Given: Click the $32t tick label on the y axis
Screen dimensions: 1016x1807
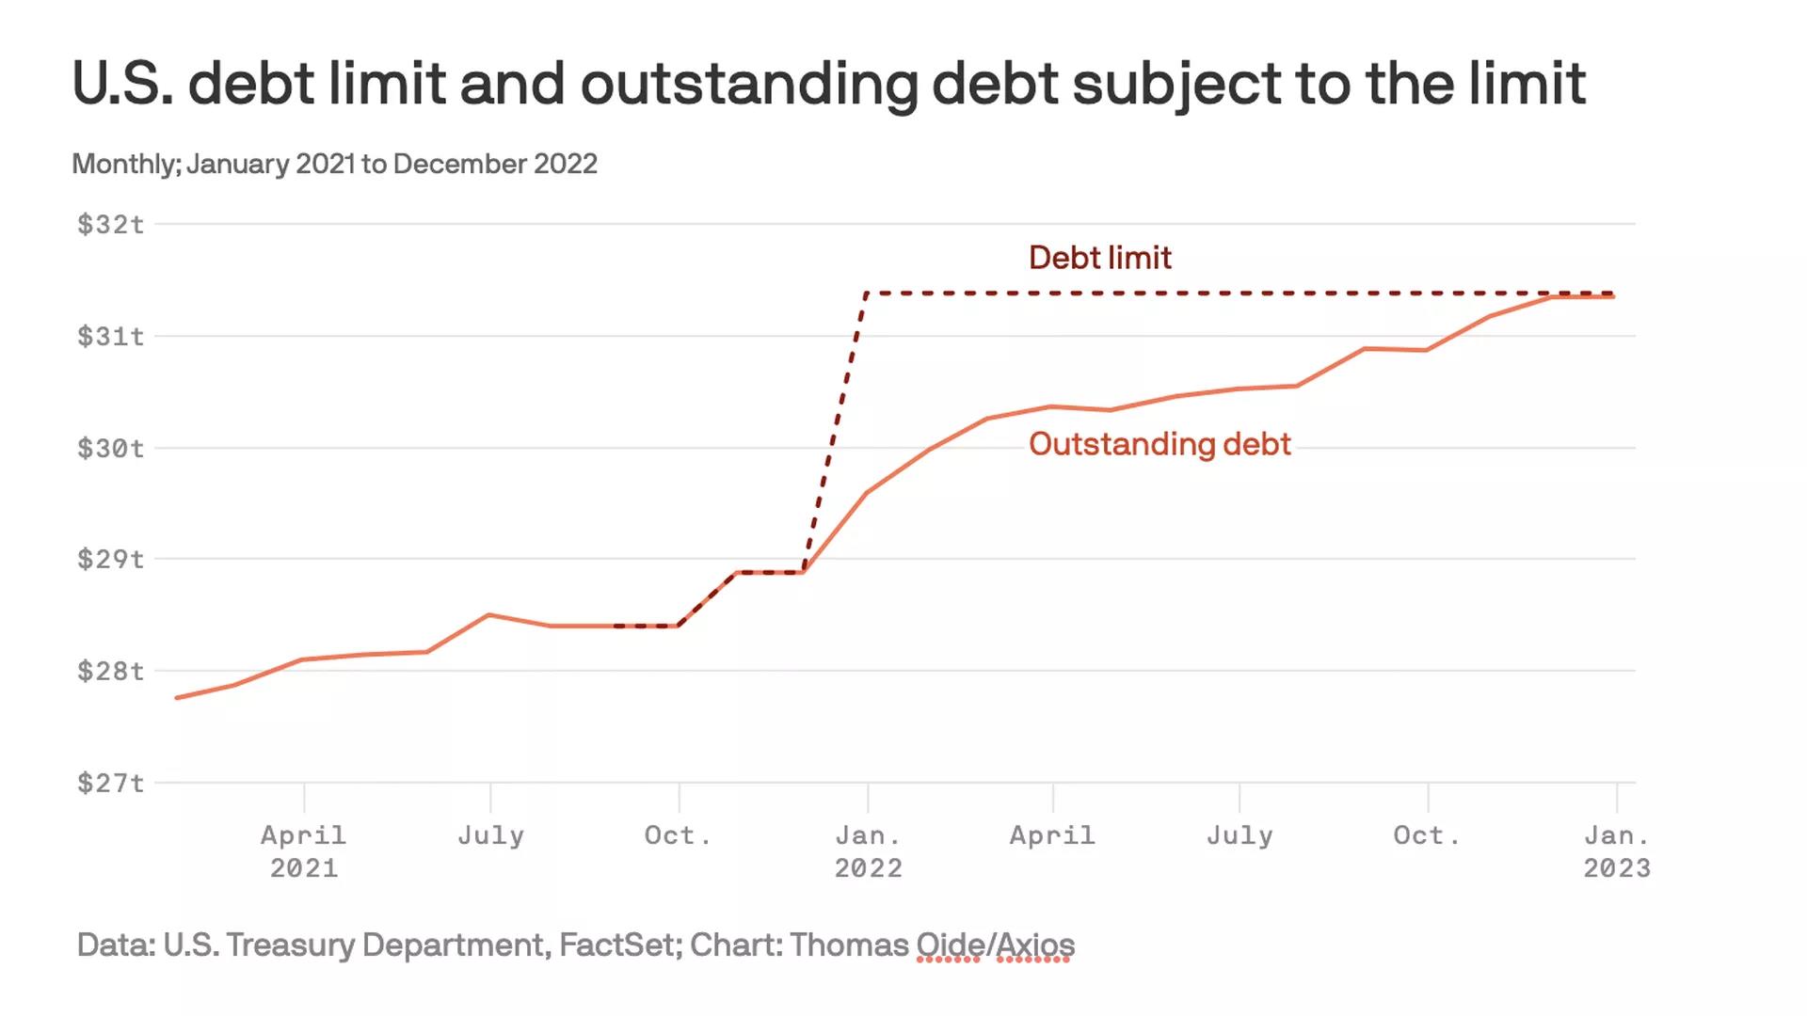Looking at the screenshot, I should pos(111,224).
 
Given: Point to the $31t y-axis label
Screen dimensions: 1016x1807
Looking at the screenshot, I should pos(111,336).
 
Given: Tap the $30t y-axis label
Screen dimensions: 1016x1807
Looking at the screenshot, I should pos(111,448).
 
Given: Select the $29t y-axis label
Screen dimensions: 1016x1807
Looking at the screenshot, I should pos(111,559).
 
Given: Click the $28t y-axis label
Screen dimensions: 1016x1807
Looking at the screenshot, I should pos(111,671).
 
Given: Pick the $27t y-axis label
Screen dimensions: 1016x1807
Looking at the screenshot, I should pos(111,783).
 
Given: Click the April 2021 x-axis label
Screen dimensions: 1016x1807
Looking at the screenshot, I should pos(303,850).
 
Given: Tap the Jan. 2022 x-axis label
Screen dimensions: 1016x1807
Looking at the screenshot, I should pos(868,850).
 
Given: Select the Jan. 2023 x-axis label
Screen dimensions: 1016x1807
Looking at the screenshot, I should pos(1616,850).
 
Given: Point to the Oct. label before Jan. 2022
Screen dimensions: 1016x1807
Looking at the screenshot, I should pos(678,835).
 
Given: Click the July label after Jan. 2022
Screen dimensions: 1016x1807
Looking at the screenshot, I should pos(1239,835).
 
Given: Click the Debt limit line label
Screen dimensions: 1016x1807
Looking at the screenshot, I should pos(1099,258).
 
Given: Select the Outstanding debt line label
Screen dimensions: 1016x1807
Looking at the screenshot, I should pos(1159,444).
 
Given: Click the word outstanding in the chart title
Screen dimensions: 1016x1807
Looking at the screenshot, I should pos(748,85).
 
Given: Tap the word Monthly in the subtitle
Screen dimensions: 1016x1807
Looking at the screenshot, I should pos(125,164).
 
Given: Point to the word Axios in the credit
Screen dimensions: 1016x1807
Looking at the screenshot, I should pos(1034,945).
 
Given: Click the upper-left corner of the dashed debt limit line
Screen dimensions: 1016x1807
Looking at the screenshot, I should pos(866,294).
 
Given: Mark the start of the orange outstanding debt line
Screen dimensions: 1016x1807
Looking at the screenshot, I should pos(177,698).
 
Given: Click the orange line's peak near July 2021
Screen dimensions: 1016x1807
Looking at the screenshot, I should pos(489,614).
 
